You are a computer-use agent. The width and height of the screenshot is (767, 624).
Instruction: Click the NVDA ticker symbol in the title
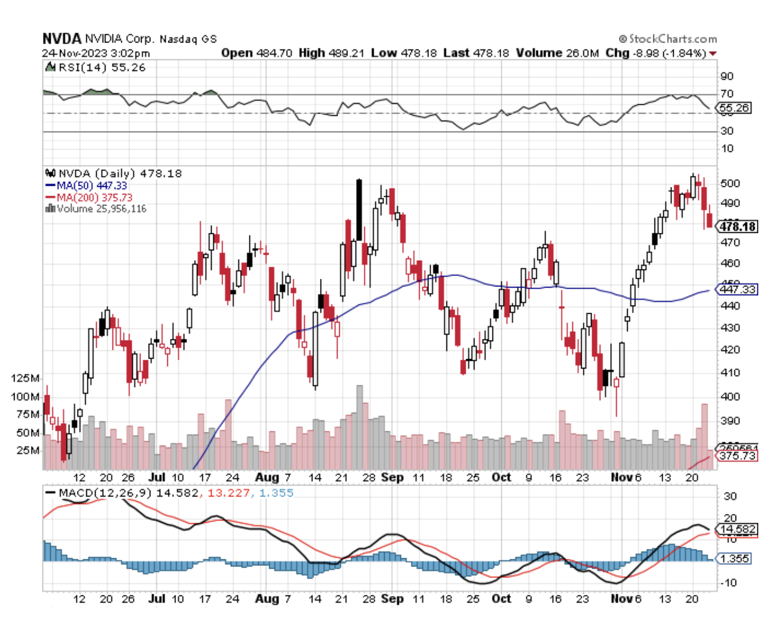coord(61,39)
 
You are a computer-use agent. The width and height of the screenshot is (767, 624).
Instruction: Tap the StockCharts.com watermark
coord(668,39)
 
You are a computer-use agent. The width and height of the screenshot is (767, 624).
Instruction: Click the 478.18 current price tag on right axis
coord(738,226)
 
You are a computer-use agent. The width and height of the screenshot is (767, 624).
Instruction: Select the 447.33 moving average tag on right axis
coord(737,289)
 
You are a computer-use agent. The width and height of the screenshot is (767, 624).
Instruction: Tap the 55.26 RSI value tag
coord(734,108)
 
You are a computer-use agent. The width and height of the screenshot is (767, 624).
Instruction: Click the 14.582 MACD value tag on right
coord(738,529)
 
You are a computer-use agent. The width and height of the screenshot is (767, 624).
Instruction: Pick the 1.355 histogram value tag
coord(734,558)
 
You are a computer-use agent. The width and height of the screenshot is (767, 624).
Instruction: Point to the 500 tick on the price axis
coord(730,183)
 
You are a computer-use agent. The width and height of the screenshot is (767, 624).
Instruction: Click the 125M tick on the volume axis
coord(25,378)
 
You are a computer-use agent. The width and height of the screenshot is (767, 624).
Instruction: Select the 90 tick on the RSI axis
coord(727,76)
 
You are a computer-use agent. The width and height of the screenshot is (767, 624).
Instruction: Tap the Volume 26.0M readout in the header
coord(557,53)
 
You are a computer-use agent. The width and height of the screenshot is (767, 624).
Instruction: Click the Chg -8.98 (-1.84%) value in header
coord(656,53)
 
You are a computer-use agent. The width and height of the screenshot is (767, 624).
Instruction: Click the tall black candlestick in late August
coord(359,210)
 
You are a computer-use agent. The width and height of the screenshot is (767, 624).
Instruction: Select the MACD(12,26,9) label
coord(105,493)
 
